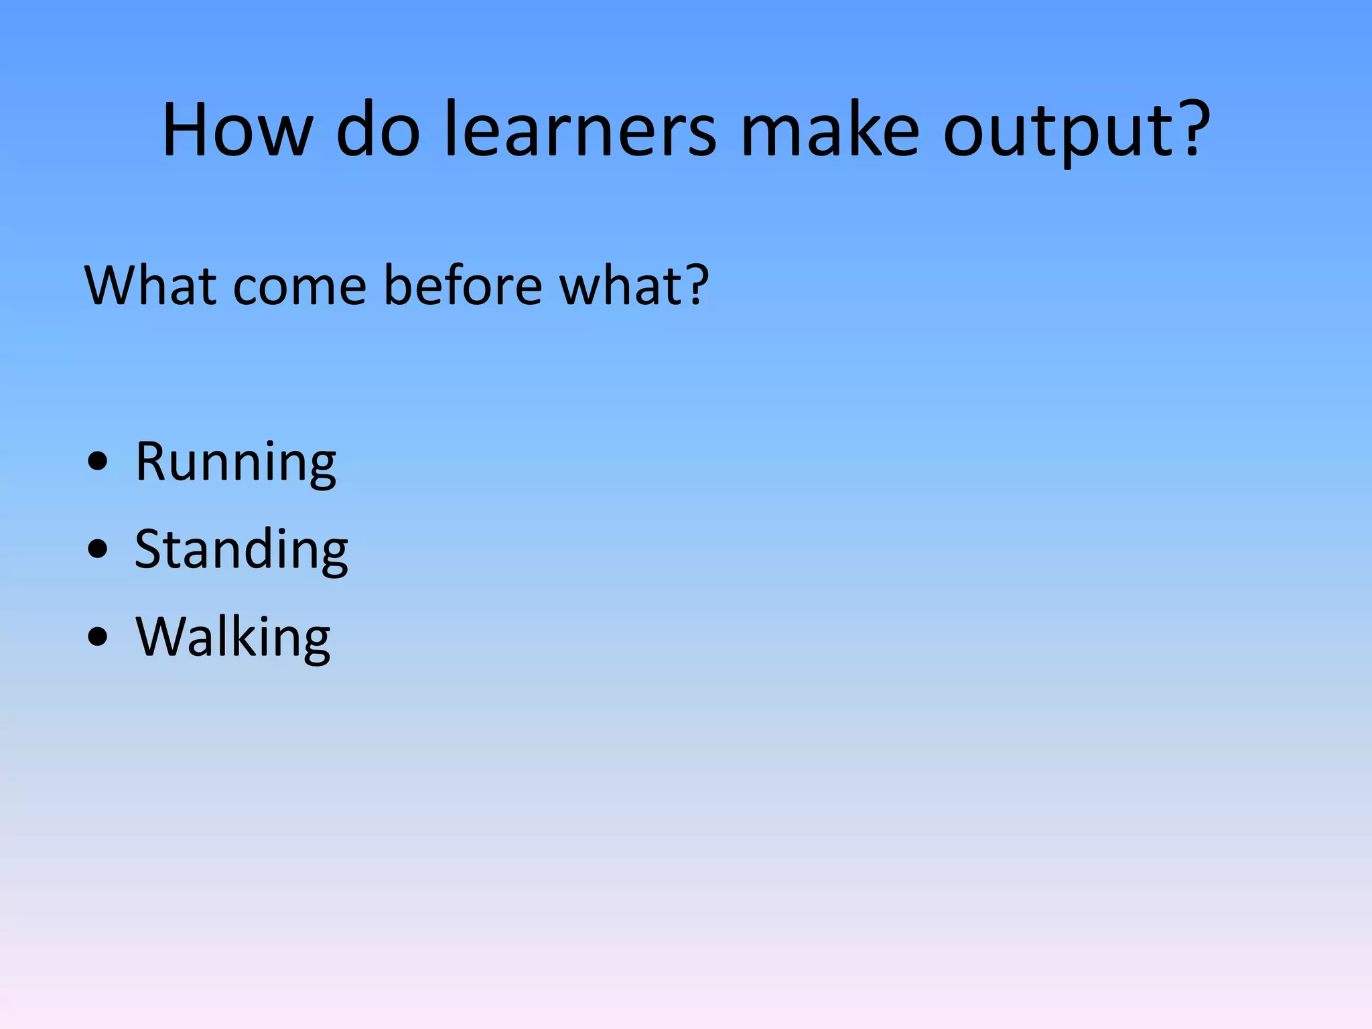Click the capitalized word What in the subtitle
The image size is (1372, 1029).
[150, 286]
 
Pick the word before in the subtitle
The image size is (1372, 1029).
[463, 286]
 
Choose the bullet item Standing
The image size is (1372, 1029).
[241, 549]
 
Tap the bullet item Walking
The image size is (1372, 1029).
[233, 637]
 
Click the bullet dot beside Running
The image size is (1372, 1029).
[98, 462]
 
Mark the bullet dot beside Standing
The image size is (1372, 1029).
[98, 549]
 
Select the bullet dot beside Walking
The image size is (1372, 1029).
[98, 637]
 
